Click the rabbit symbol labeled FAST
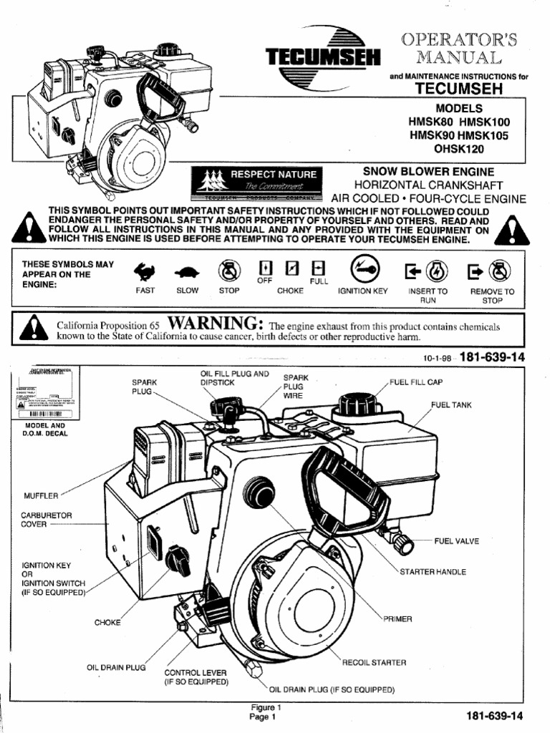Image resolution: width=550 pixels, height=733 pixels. tap(145, 271)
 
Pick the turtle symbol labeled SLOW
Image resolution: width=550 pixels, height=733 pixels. tap(188, 272)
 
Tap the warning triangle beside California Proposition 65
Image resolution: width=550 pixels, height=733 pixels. tap(32, 329)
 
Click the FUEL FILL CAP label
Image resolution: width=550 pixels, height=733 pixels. tap(416, 382)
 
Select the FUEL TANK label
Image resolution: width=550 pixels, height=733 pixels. tap(451, 405)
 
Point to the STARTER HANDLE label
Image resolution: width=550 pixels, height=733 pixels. tap(433, 572)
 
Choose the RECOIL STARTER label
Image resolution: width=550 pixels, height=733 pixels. tap(374, 663)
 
